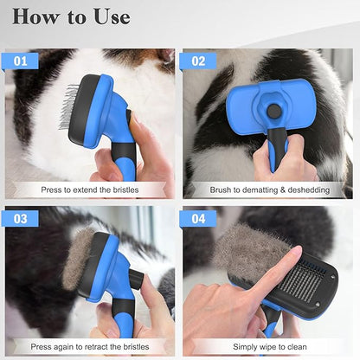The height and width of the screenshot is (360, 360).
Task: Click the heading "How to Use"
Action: coord(72,16)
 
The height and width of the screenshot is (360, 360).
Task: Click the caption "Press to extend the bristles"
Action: coord(90,189)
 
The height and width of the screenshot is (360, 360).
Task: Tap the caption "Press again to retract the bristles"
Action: coord(90,345)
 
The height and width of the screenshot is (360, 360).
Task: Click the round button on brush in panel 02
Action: coord(273,111)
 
